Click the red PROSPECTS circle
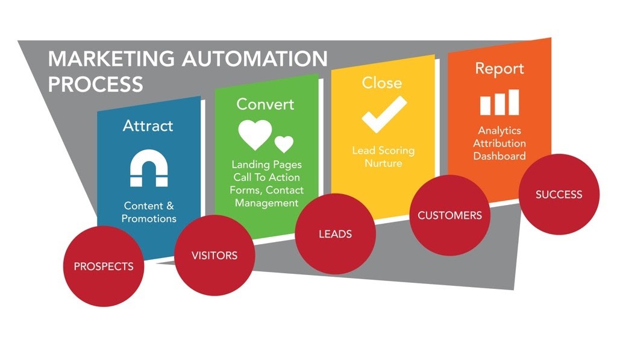click(x=104, y=266)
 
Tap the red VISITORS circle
click(x=214, y=255)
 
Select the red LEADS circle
click(x=335, y=233)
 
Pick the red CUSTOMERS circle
click(x=449, y=215)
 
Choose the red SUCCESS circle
click(x=559, y=194)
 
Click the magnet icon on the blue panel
click(x=148, y=168)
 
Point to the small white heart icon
click(x=284, y=144)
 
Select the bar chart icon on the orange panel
click(x=499, y=103)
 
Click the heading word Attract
click(x=148, y=125)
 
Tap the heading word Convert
click(x=265, y=104)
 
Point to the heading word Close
click(x=381, y=83)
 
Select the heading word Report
click(x=500, y=68)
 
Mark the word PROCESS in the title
click(x=95, y=84)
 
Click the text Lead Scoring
click(x=383, y=151)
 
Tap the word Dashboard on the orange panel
click(x=499, y=156)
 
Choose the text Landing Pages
click(x=267, y=165)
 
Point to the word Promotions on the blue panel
click(x=149, y=218)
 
